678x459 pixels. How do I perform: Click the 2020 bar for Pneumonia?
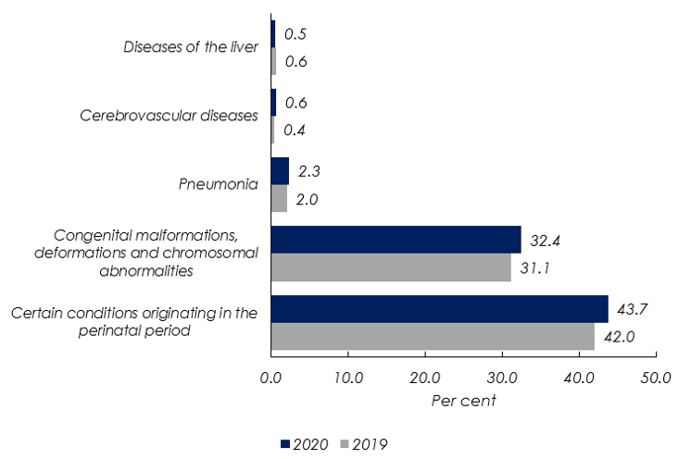(280, 171)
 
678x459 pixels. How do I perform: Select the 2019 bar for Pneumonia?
(279, 198)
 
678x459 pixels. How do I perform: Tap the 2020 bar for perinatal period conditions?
(439, 309)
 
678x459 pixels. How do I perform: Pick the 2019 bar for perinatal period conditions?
(433, 337)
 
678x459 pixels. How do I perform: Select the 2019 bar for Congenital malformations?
(391, 267)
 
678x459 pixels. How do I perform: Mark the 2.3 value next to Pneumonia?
(308, 171)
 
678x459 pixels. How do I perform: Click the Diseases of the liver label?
(189, 47)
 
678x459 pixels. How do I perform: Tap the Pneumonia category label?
(218, 184)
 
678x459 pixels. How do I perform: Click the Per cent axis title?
(463, 402)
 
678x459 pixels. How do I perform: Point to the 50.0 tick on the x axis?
(656, 378)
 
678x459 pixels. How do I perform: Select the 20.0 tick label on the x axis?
(424, 378)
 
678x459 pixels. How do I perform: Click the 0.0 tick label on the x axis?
(270, 378)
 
